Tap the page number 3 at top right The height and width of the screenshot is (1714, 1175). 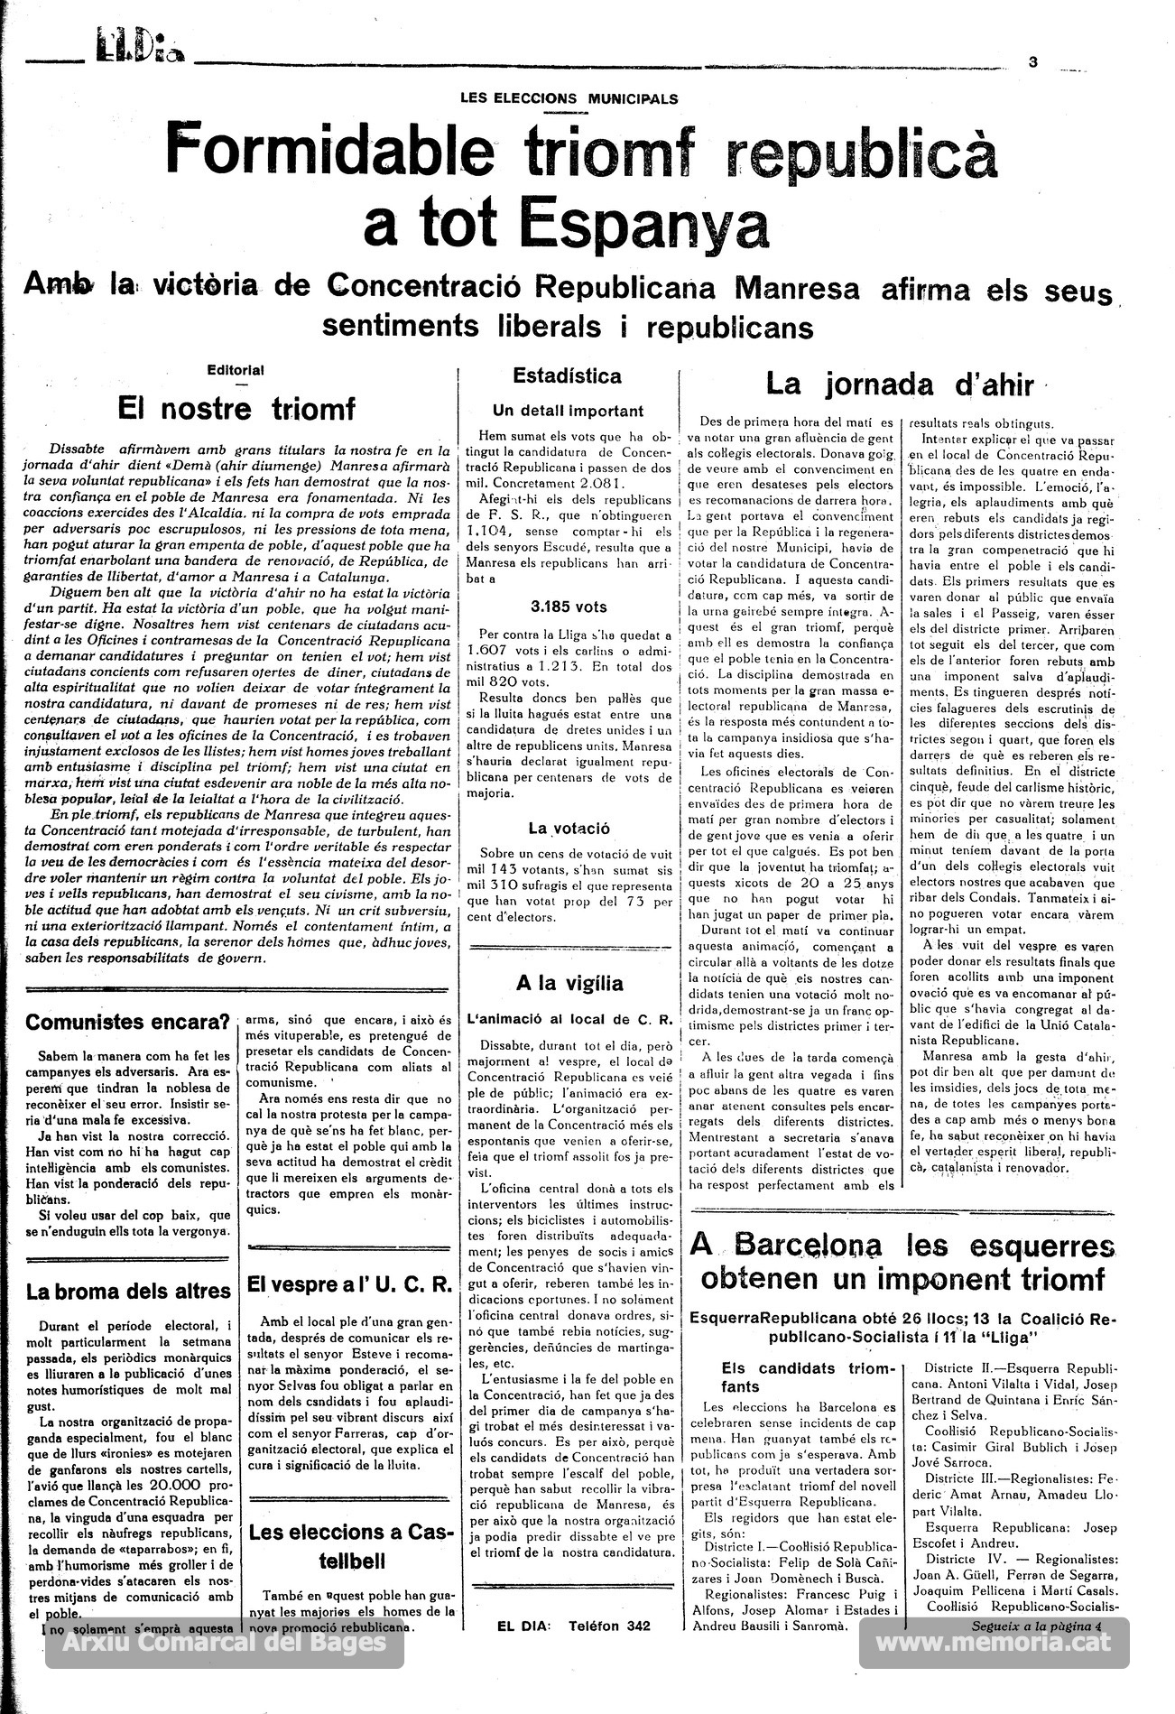pos(1033,62)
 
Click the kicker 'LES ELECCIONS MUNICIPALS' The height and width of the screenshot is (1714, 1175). pos(569,99)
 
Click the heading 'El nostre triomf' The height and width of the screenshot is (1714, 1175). pos(236,409)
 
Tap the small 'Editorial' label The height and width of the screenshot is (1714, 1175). pos(236,370)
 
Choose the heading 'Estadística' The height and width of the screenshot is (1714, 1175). pos(567,376)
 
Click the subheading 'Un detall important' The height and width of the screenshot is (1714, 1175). pos(568,411)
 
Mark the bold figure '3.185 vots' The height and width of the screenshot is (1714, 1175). pos(568,607)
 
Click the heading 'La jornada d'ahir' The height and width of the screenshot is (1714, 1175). pos(899,384)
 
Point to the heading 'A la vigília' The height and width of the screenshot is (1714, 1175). pos(569,983)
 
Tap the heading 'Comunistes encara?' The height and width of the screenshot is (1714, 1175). pos(127,1023)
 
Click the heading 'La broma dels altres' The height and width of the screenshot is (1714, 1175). pos(128,1292)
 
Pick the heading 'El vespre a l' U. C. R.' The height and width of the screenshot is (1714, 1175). pos(349,1284)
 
